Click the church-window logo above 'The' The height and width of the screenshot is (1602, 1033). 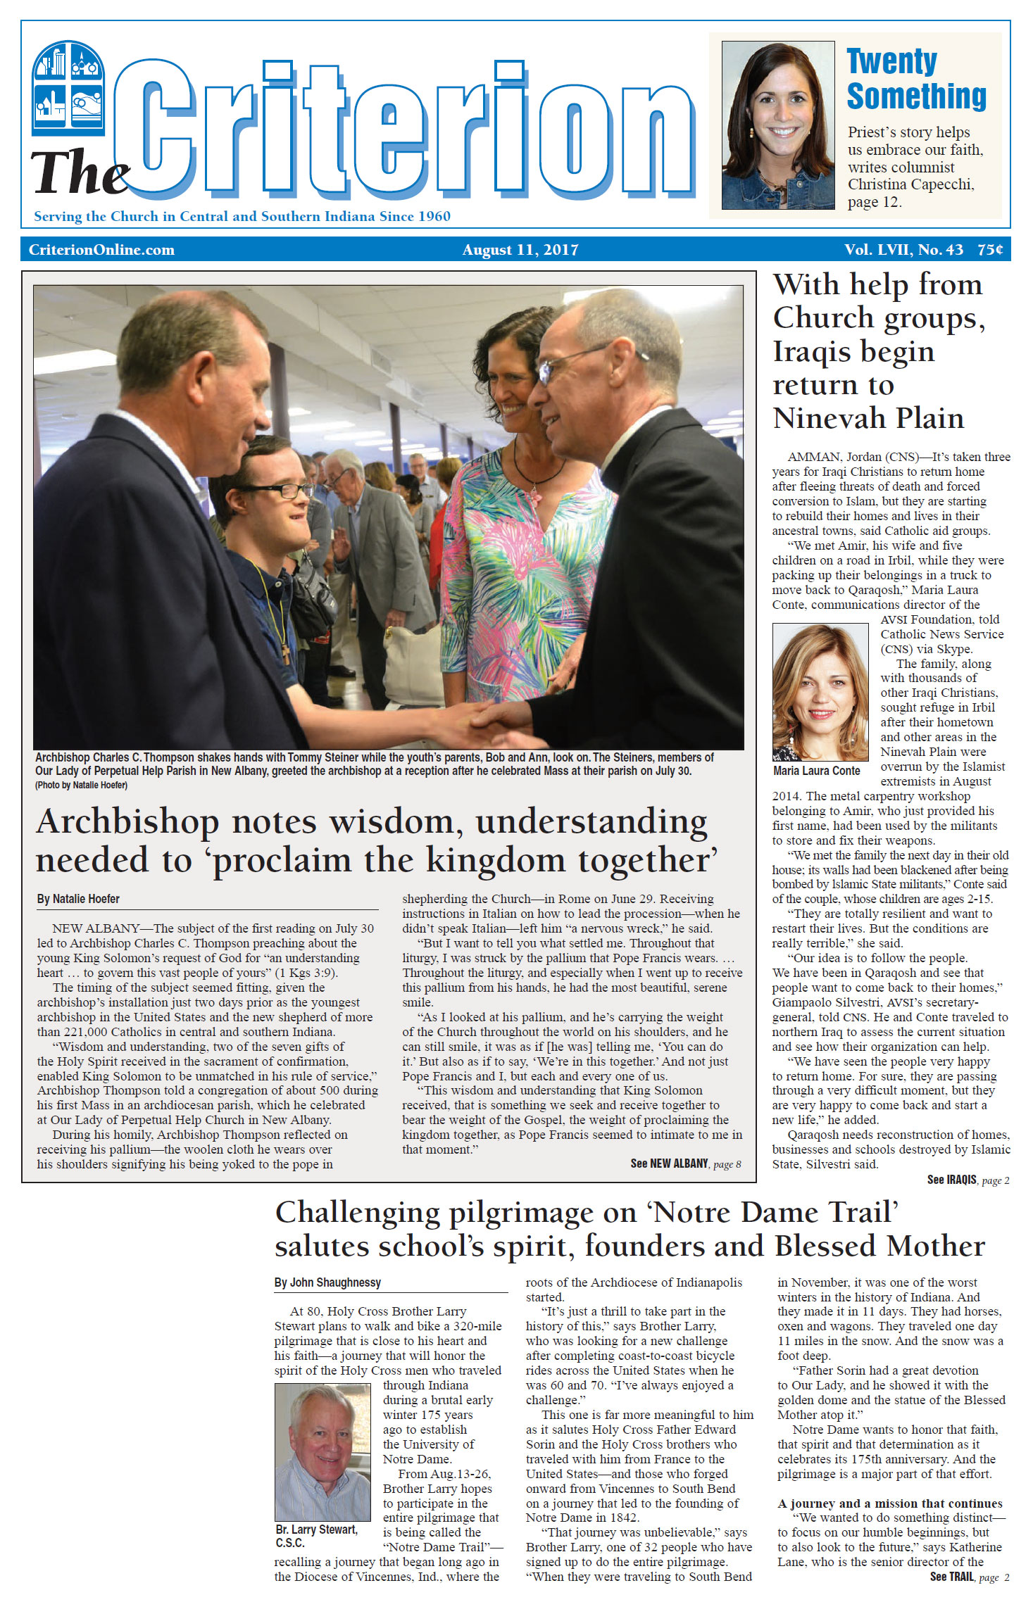68,88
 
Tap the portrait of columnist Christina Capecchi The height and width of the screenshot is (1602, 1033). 777,125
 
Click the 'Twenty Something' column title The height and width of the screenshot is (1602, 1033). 915,79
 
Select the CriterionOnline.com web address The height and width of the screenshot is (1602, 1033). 101,250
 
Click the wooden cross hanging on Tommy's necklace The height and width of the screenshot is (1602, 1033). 286,654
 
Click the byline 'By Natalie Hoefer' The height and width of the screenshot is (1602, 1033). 78,899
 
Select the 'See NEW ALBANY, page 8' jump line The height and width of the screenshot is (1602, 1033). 685,1163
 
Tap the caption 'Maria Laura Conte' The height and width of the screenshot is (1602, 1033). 816,771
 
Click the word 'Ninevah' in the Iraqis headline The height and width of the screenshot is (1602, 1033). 827,418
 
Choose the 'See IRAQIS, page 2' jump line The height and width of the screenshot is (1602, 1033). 968,1180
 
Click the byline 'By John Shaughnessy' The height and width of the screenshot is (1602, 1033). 327,1282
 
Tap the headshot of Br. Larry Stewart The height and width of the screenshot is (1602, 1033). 323,1451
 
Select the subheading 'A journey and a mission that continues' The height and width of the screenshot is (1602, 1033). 889,1503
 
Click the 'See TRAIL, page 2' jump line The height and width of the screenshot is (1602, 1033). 969,1577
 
